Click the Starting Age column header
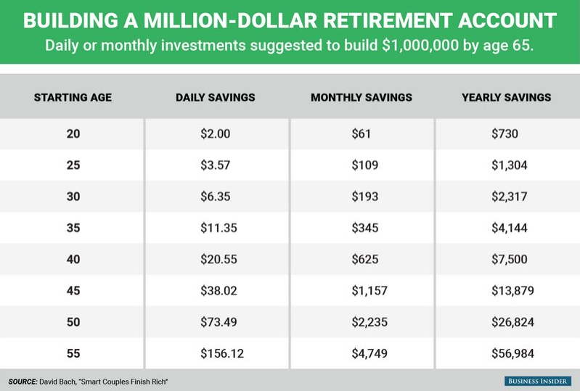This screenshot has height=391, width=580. [x=73, y=97]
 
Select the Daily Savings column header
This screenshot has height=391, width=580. [x=216, y=97]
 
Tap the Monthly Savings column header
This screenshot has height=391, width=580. [x=362, y=97]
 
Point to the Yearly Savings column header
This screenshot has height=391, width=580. [x=507, y=97]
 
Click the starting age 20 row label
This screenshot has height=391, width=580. [x=73, y=133]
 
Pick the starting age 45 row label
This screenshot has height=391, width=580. [x=73, y=290]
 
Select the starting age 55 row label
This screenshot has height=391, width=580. [x=73, y=353]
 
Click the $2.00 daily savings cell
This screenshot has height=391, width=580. [x=216, y=133]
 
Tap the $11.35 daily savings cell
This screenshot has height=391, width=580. [x=218, y=228]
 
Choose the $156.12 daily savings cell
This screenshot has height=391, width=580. [x=222, y=353]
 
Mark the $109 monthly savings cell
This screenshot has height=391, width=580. [x=364, y=165]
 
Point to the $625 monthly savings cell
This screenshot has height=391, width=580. [x=364, y=259]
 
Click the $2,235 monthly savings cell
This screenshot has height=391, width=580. [x=369, y=322]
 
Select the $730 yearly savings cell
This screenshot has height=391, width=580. [x=505, y=133]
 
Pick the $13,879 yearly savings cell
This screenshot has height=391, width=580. [x=512, y=290]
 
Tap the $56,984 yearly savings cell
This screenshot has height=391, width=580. [x=512, y=353]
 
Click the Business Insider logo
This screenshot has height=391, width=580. [x=537, y=381]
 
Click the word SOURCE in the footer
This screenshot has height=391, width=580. [x=23, y=382]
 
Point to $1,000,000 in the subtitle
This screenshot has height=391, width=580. [x=420, y=46]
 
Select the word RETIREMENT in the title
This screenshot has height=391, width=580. [x=388, y=20]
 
